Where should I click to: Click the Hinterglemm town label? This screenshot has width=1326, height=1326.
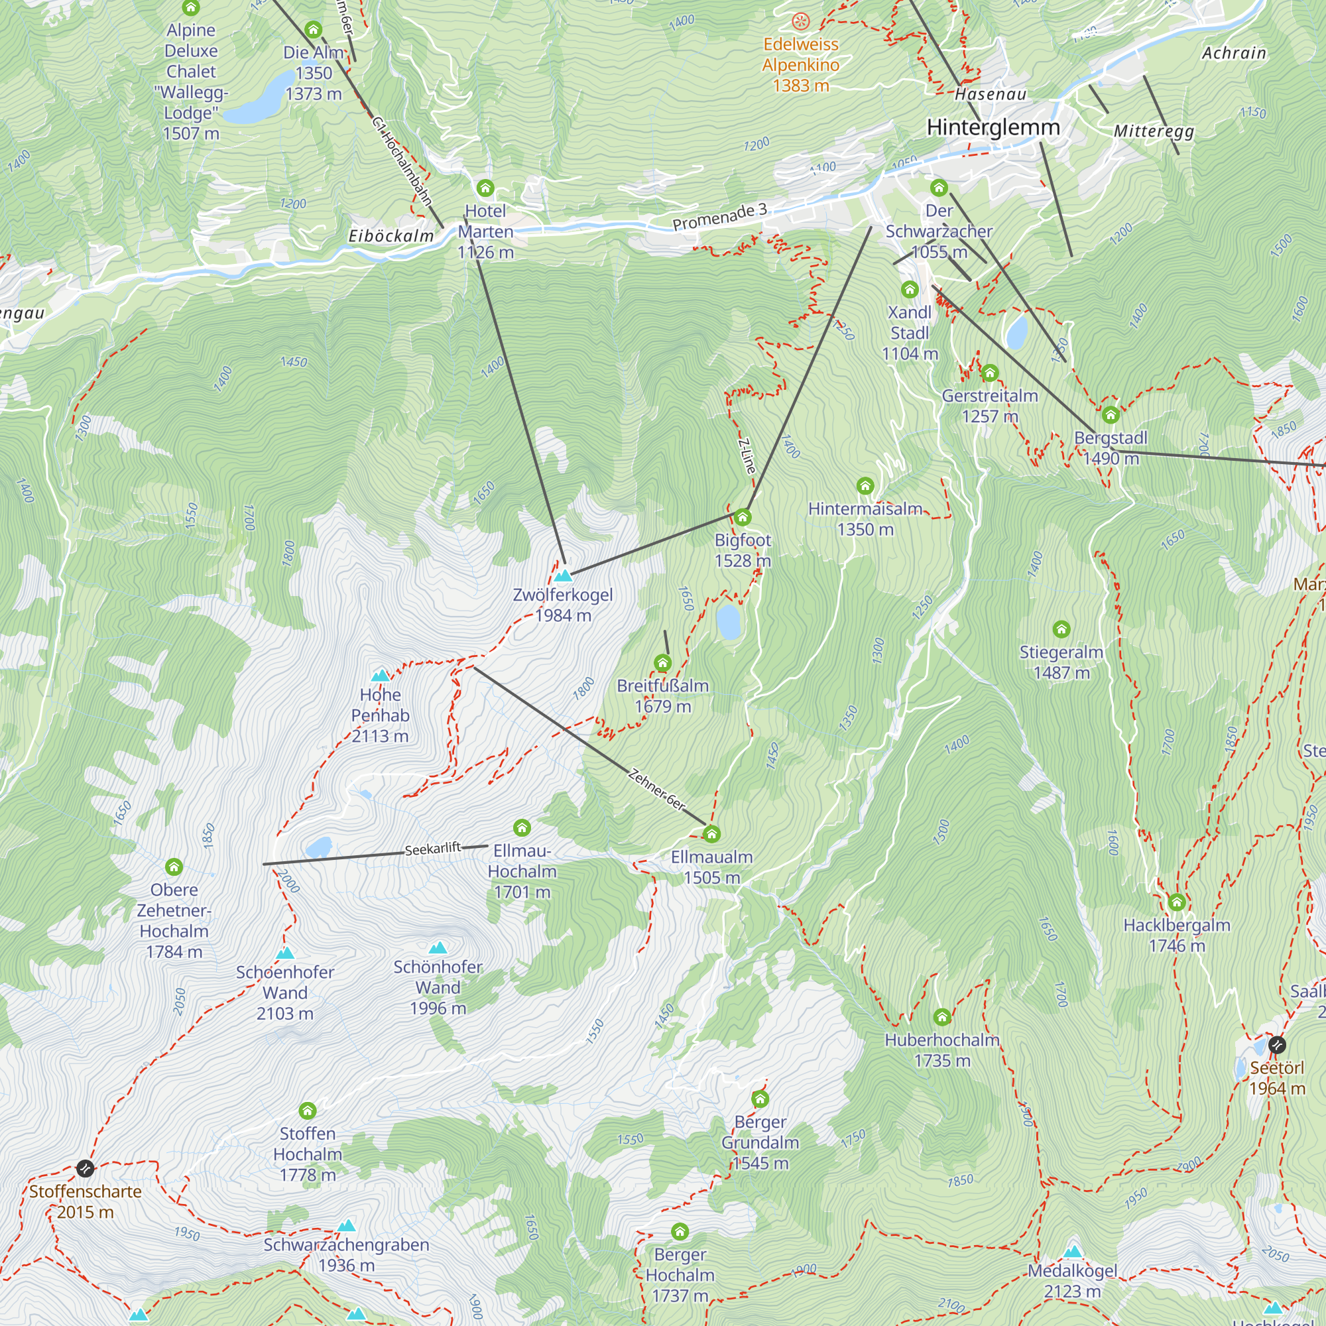coord(993,128)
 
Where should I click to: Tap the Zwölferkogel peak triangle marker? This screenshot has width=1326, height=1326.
coord(563,575)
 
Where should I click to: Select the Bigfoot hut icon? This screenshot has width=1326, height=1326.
coord(742,517)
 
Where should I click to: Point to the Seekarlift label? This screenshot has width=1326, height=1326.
coord(432,849)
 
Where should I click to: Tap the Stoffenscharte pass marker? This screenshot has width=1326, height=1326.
coord(85,1168)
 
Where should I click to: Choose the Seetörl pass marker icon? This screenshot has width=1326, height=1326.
coord(1276,1046)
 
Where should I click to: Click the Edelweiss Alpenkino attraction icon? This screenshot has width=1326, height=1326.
coord(800,21)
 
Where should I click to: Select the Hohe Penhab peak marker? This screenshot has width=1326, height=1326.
coord(380,676)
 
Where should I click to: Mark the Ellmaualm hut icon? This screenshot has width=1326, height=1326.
coord(711,835)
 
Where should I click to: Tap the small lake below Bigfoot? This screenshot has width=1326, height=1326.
coord(728,621)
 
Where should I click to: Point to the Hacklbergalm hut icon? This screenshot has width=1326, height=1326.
coord(1176,902)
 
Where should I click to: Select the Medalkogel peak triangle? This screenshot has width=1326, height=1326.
coord(1072,1251)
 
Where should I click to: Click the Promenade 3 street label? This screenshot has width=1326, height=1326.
coord(719,217)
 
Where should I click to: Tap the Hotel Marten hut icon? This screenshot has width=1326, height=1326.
coord(485,188)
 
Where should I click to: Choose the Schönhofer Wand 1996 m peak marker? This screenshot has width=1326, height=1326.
coord(438,948)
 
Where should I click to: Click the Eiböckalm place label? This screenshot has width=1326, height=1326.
coord(391,236)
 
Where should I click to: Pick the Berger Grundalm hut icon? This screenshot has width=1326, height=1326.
coord(760,1099)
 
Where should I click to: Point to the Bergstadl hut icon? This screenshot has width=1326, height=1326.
coord(1111,414)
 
